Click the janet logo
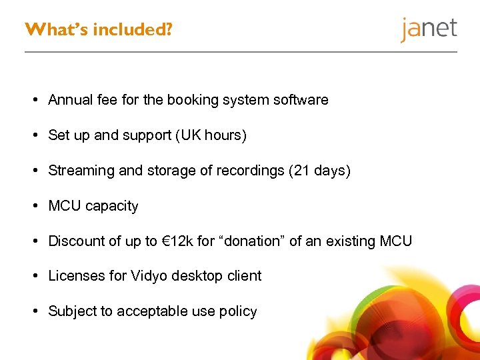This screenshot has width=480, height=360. [x=429, y=29]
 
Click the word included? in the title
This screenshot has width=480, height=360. [x=132, y=30]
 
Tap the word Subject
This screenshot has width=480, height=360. [x=73, y=311]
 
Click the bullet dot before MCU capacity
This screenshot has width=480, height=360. [x=34, y=206]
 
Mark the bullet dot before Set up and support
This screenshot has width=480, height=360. [x=34, y=135]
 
